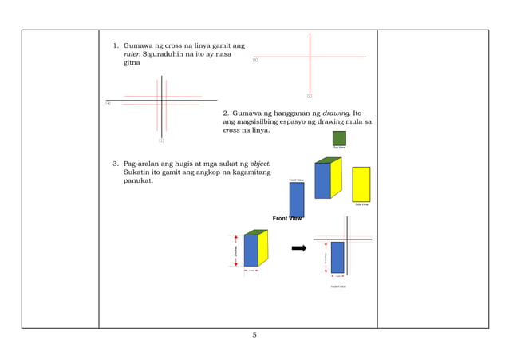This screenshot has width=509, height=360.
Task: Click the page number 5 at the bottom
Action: tap(254, 335)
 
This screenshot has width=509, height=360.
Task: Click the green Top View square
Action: tap(339, 138)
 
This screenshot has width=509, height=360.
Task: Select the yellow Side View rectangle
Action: tap(361, 184)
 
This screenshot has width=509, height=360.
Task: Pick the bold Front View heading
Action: tap(287, 218)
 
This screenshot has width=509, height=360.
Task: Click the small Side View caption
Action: tap(361, 205)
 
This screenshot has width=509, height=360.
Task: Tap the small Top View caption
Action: tap(339, 148)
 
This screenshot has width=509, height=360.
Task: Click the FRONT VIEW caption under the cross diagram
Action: tap(338, 285)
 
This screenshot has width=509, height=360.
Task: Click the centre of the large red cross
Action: tap(310, 57)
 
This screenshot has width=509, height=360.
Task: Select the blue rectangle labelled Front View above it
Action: tap(297, 199)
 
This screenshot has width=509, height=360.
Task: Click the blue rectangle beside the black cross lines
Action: tap(337, 257)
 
